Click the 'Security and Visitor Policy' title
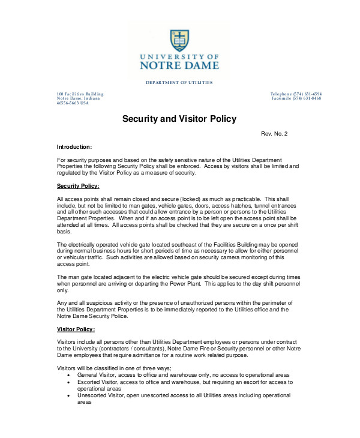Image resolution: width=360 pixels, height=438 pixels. pos(179,119)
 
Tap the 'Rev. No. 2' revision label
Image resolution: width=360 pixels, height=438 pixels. pos(274,133)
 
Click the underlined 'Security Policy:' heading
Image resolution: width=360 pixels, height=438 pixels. pos(78,186)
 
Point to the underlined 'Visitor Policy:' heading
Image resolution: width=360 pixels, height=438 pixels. pos(76,329)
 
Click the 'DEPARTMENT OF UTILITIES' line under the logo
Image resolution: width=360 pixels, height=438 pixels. pos(179,82)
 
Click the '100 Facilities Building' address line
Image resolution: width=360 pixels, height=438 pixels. pos(80,94)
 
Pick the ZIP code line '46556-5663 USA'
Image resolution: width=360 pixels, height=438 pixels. pos(73,103)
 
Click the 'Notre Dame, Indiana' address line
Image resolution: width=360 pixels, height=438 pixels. pos(78,98)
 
